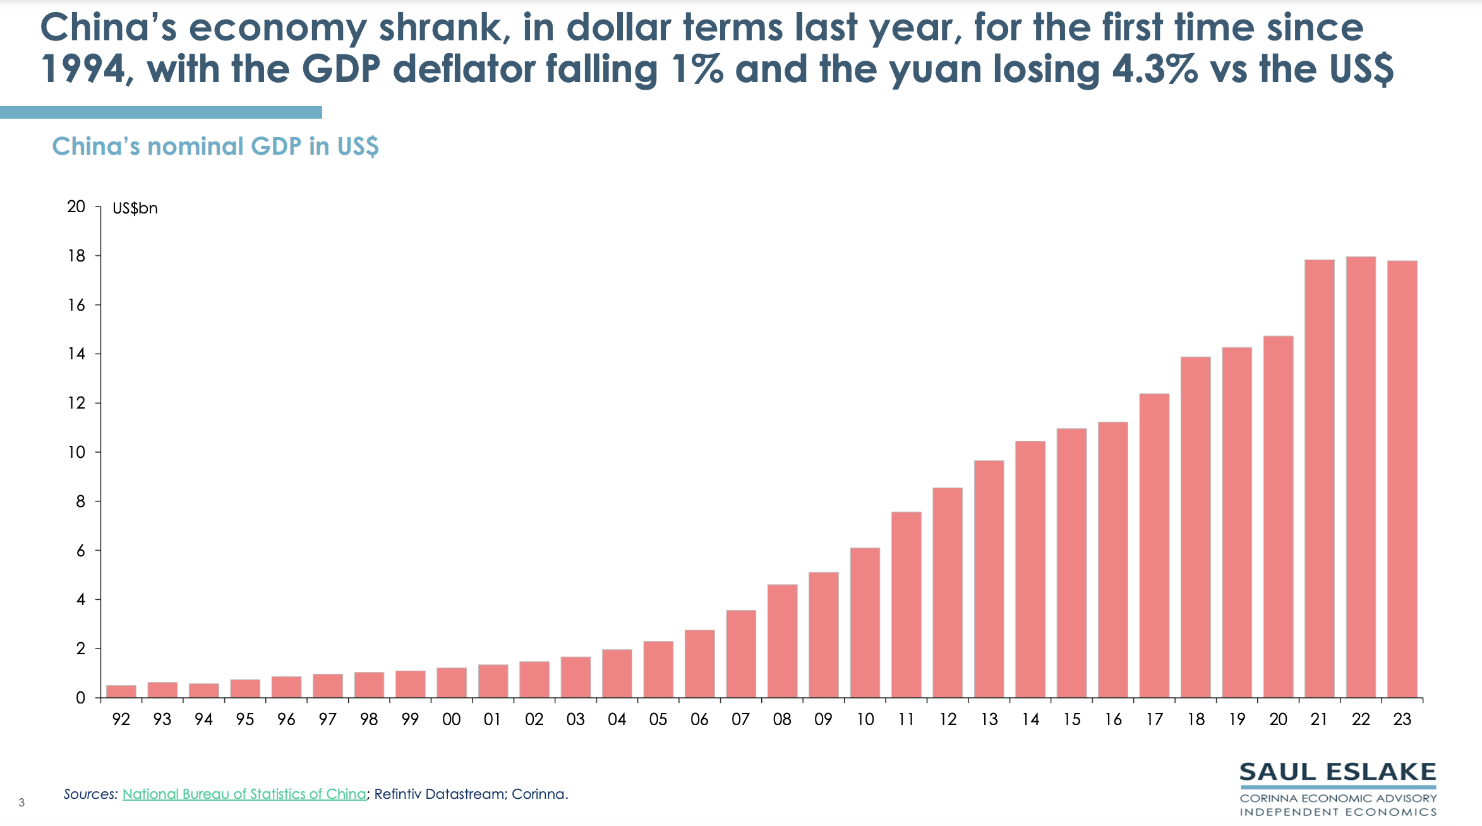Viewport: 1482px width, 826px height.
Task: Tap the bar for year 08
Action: coord(782,641)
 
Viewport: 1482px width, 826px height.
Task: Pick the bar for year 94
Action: coord(203,690)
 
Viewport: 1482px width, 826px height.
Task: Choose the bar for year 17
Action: coord(1154,546)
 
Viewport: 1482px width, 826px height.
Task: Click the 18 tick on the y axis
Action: coord(76,256)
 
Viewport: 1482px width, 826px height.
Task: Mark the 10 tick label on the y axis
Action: coord(76,452)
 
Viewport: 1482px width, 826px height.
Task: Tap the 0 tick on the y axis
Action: coord(80,698)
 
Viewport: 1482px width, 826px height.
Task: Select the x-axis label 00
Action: coord(451,719)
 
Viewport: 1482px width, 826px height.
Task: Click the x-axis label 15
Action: coord(1071,719)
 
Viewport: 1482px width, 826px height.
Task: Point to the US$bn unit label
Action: coord(135,208)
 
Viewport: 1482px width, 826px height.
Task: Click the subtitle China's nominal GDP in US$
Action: coord(215,147)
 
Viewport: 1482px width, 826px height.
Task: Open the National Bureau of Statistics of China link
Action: coord(244,794)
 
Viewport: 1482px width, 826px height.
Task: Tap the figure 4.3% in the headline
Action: coord(1154,69)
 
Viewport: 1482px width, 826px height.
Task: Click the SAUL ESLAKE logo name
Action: coord(1337,772)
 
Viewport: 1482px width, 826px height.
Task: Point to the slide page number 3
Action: coord(21,803)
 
